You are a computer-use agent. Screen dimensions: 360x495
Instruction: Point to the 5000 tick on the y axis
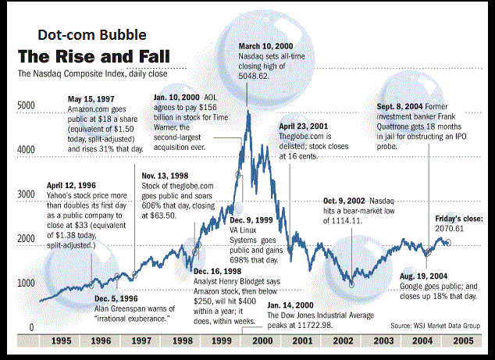tap(27, 105)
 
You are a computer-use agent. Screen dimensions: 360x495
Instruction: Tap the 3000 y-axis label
tap(27, 194)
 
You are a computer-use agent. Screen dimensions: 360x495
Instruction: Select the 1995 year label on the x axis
tap(59, 341)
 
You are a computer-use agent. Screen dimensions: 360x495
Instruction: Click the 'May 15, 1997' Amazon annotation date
tap(92, 98)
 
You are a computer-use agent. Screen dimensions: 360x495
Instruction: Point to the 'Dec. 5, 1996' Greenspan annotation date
tap(118, 298)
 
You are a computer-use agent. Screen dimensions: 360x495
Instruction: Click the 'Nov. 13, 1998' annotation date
tap(166, 176)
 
